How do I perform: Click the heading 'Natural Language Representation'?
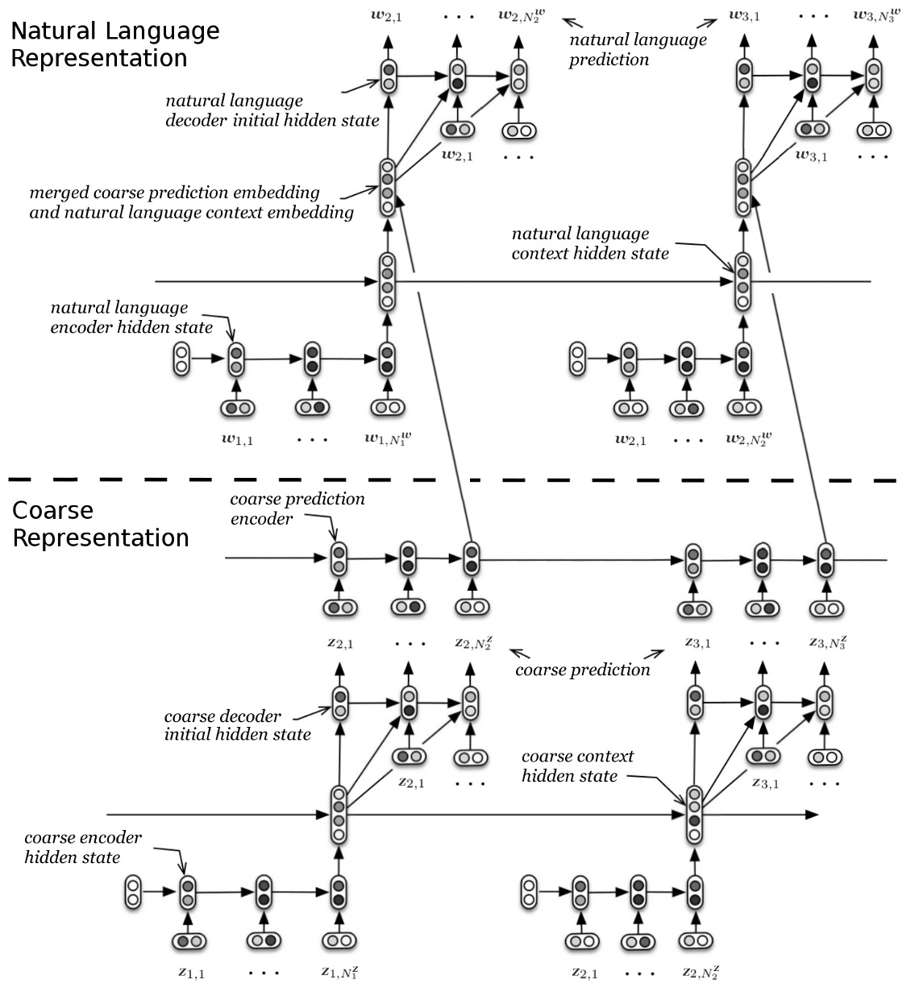click(114, 44)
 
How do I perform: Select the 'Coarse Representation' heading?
click(100, 524)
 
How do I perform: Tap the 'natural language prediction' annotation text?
click(637, 49)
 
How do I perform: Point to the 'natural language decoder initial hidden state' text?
click(272, 110)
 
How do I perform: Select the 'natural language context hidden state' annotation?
click(589, 243)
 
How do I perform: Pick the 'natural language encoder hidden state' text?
click(131, 317)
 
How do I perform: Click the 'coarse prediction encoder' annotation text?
click(297, 508)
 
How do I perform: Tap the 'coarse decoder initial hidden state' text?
click(237, 725)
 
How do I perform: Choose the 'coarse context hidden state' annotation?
click(576, 766)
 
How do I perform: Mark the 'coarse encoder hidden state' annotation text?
click(82, 847)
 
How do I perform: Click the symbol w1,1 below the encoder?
click(237, 438)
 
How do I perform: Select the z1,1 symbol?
click(191, 972)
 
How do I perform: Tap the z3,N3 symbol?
click(827, 642)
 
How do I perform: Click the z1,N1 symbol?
click(339, 972)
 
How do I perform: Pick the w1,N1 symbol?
click(389, 438)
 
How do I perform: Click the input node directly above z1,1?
click(190, 940)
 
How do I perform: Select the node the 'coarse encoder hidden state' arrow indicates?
click(187, 892)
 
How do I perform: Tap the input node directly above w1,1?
click(237, 409)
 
